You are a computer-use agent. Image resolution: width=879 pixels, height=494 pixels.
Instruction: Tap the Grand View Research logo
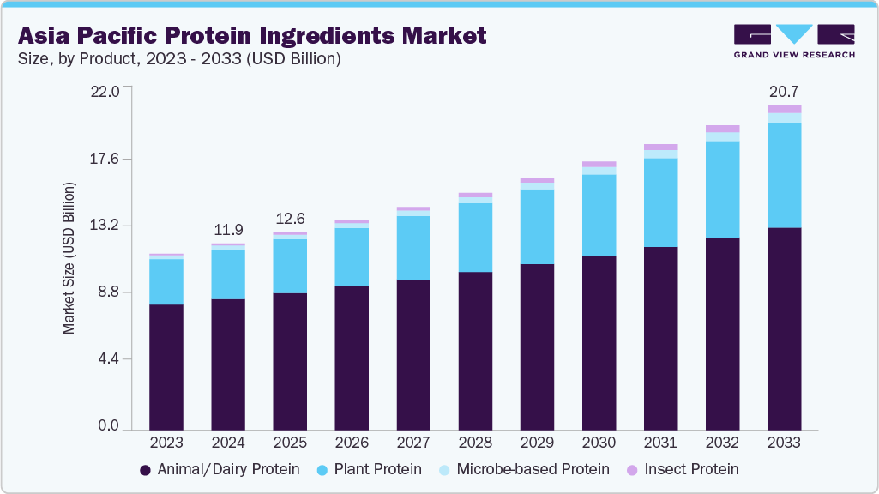click(x=794, y=41)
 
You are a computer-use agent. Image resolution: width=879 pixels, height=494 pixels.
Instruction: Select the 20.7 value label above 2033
click(x=784, y=90)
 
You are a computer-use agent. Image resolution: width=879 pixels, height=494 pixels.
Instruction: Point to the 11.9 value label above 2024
click(x=228, y=229)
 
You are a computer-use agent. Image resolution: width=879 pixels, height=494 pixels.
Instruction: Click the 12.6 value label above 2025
click(x=290, y=218)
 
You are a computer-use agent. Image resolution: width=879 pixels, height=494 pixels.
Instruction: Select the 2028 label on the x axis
click(x=475, y=443)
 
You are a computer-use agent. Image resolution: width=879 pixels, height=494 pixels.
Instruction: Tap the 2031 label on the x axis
click(x=660, y=443)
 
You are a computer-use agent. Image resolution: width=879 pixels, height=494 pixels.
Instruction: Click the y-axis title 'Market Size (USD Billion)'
click(x=69, y=258)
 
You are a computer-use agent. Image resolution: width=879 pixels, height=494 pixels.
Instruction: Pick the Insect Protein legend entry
click(x=682, y=469)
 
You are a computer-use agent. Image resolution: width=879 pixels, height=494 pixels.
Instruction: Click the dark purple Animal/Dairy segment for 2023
click(x=166, y=366)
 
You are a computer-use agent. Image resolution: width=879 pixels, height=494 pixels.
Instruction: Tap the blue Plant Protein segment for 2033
click(x=784, y=175)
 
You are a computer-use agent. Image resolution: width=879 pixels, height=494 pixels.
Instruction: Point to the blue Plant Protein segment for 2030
click(x=599, y=214)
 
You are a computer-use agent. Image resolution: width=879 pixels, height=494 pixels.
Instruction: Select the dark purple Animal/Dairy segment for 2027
click(x=413, y=353)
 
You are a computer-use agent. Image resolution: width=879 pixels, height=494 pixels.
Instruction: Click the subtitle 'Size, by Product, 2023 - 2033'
click(x=179, y=59)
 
